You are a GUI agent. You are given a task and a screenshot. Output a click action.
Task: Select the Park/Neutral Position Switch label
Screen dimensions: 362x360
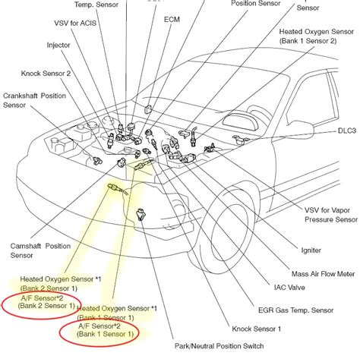pyautogui.click(x=219, y=347)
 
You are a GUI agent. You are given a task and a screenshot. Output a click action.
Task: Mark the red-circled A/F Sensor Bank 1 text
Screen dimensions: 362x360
pyautogui.click(x=105, y=329)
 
